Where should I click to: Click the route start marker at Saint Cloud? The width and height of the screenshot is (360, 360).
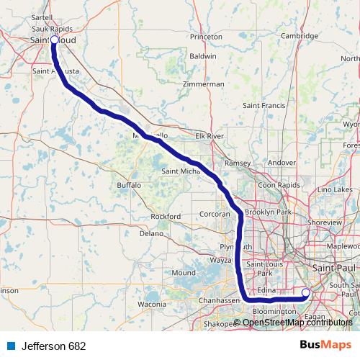(x=53, y=40)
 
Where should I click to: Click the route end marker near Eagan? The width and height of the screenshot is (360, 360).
(x=305, y=292)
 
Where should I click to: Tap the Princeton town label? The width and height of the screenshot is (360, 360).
(x=206, y=36)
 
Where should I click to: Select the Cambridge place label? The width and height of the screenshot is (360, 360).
(x=300, y=36)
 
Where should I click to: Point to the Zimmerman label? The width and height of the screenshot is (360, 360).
(x=204, y=84)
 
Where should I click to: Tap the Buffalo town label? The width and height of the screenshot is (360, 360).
(x=129, y=185)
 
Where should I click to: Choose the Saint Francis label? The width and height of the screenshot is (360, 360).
(x=264, y=106)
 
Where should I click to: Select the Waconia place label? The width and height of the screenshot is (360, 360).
(x=152, y=305)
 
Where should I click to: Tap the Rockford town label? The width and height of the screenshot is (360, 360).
(x=166, y=216)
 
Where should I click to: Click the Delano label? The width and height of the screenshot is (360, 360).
(x=152, y=233)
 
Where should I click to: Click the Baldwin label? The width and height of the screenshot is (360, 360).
(x=202, y=55)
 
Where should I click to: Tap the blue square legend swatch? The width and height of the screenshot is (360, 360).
(x=11, y=346)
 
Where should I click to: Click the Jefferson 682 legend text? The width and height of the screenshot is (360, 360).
(x=53, y=346)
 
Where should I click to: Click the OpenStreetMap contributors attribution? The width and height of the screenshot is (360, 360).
(x=298, y=322)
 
